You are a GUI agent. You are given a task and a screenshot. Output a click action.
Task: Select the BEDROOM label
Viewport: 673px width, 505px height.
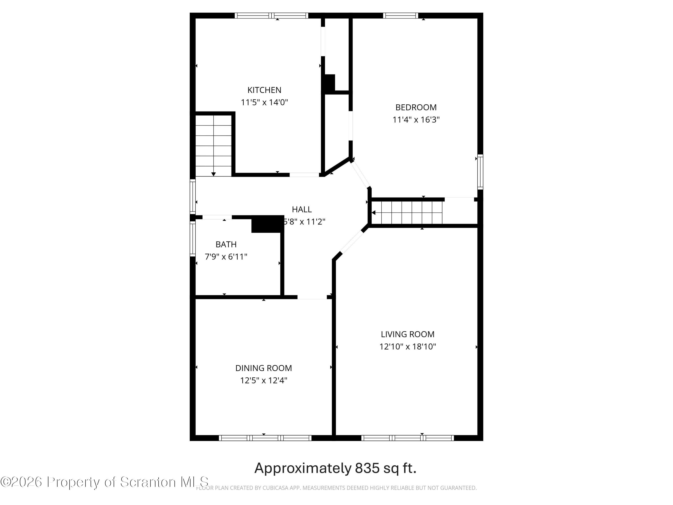click(416, 108)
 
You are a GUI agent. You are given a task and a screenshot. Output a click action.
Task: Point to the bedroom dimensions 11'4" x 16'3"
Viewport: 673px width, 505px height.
click(416, 120)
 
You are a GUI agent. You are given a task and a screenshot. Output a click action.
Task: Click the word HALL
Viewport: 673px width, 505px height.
click(302, 209)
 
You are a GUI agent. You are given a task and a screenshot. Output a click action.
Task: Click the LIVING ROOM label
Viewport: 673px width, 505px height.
click(407, 334)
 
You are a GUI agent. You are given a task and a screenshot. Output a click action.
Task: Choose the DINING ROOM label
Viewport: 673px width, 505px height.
click(264, 368)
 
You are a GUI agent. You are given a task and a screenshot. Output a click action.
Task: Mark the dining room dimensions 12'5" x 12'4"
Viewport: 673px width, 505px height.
click(264, 380)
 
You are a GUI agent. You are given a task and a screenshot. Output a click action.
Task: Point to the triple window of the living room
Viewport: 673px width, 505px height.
click(407, 438)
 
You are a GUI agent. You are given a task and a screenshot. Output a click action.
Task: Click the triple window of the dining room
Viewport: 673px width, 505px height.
click(265, 438)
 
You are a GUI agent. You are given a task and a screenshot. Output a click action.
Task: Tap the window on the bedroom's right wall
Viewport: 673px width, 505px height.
click(480, 172)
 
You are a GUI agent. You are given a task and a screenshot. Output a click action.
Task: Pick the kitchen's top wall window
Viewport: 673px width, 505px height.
click(271, 15)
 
